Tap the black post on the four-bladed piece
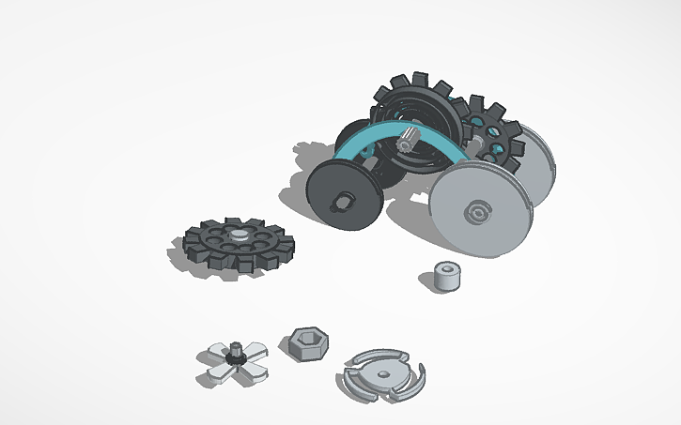pyautogui.click(x=235, y=354)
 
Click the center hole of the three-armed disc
pyautogui.click(x=382, y=374)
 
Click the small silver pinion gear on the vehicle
pyautogui.click(x=409, y=143)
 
